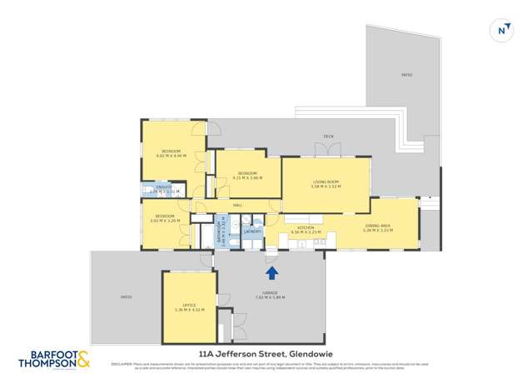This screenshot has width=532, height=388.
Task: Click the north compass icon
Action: (x=503, y=29)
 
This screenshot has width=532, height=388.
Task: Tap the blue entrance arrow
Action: (x=271, y=271)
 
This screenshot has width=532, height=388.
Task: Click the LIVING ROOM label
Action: (x=325, y=183)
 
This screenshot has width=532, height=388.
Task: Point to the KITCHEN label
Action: (x=305, y=226)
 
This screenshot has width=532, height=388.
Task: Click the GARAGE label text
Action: (x=271, y=293)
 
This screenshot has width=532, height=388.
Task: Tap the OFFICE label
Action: (x=189, y=306)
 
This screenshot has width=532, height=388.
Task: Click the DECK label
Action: (x=328, y=137)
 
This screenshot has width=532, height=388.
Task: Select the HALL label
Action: (x=237, y=205)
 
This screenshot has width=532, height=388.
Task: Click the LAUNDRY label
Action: (x=253, y=231)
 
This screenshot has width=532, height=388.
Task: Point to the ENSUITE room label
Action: (x=163, y=187)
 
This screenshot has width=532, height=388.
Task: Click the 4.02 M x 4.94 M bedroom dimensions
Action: (x=171, y=156)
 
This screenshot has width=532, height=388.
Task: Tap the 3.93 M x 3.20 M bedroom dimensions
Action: (x=166, y=221)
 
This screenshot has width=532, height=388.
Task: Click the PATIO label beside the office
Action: (x=126, y=297)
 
